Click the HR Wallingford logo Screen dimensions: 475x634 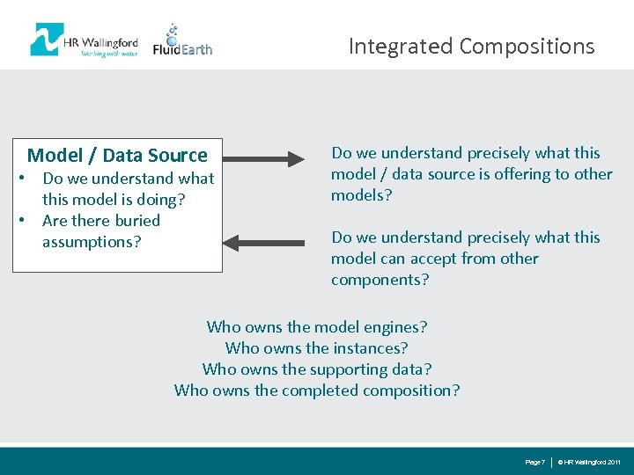[x=84, y=40]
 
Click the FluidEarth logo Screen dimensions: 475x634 [x=182, y=41]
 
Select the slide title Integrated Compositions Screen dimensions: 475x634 [x=471, y=46]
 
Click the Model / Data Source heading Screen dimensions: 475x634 [x=117, y=156]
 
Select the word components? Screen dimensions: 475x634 [x=380, y=280]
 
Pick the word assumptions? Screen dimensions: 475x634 [x=92, y=242]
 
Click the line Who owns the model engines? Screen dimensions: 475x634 [x=317, y=327]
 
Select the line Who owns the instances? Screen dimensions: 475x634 [x=317, y=348]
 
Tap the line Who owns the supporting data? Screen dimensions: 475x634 [x=317, y=369]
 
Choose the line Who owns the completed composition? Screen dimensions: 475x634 [x=317, y=391]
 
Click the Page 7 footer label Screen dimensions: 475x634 [x=534, y=462]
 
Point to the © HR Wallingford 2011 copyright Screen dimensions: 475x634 [x=590, y=462]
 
